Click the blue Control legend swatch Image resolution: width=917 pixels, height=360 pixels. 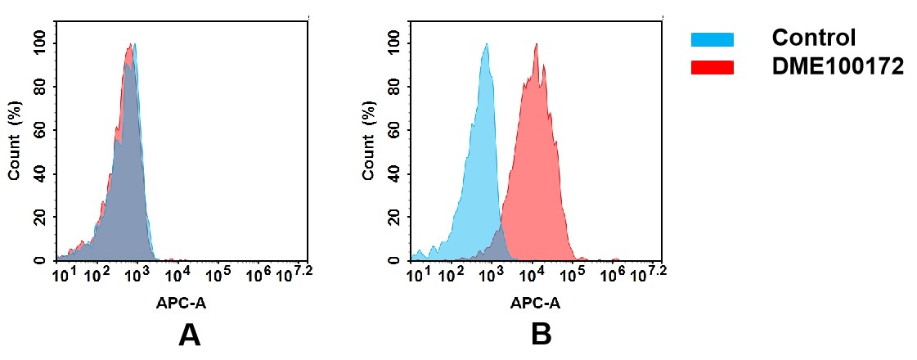point(712,38)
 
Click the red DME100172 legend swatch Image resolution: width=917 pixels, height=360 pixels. point(712,67)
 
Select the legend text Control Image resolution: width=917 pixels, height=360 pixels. point(813,38)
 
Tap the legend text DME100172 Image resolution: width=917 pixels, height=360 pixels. point(838,67)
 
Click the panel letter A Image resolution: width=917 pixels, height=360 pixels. point(189,335)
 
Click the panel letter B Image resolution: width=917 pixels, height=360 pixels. point(542,335)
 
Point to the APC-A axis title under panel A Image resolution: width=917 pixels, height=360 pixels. point(181,304)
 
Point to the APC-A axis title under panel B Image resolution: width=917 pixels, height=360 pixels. point(535,304)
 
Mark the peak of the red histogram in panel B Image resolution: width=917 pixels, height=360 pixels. point(536,44)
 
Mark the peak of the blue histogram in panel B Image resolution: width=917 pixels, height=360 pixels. point(486,44)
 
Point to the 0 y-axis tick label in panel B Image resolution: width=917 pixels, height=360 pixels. point(395,260)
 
